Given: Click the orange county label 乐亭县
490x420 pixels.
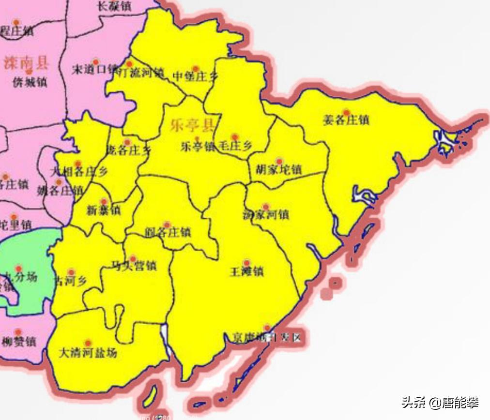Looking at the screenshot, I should click(x=192, y=126).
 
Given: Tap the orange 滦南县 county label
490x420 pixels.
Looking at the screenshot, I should click(x=26, y=62).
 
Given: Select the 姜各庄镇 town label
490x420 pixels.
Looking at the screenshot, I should click(x=346, y=120).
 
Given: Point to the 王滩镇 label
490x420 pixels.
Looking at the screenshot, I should click(x=246, y=272).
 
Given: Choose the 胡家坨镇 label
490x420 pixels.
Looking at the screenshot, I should click(x=278, y=170).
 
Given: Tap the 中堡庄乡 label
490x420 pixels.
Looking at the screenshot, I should click(x=193, y=76).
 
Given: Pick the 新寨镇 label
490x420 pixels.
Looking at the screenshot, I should click(x=104, y=210).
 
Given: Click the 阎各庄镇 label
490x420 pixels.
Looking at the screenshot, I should click(x=168, y=233).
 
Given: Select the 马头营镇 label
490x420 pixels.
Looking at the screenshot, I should click(x=134, y=266).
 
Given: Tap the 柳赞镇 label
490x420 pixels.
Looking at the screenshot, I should click(x=18, y=342).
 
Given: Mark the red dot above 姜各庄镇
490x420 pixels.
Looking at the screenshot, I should click(x=346, y=112).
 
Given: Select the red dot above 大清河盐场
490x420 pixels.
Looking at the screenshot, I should click(x=88, y=343).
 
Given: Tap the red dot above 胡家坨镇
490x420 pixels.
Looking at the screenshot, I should click(x=279, y=161).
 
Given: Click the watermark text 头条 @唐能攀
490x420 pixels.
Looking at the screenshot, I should click(x=440, y=402).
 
